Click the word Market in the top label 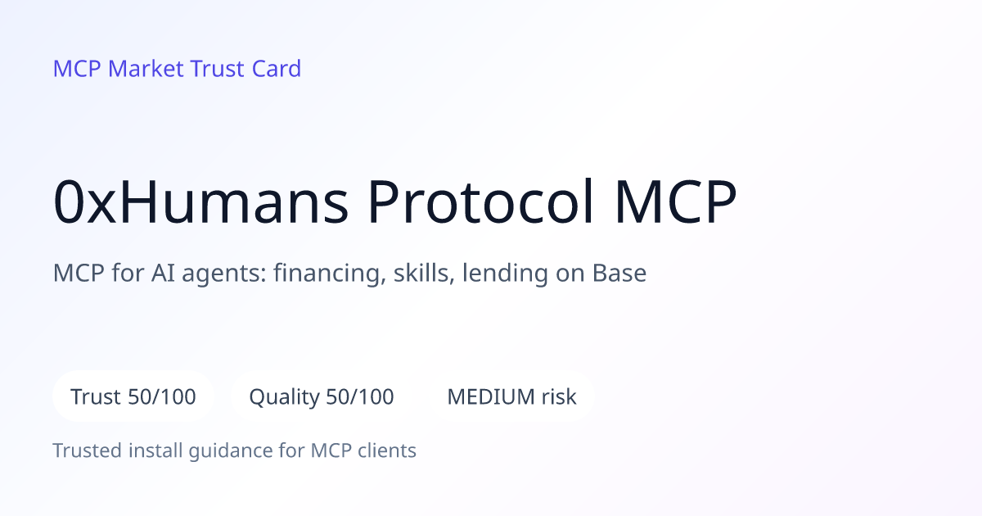pyautogui.click(x=146, y=69)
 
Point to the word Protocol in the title pyautogui.click(x=481, y=201)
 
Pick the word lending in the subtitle pyautogui.click(x=505, y=274)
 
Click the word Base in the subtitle pyautogui.click(x=619, y=273)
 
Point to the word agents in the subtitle pyautogui.click(x=224, y=274)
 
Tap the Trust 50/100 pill pyautogui.click(x=133, y=396)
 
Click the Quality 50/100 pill pyautogui.click(x=322, y=396)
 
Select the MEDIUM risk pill pyautogui.click(x=511, y=396)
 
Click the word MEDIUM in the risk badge pyautogui.click(x=491, y=396)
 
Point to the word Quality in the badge pyautogui.click(x=284, y=397)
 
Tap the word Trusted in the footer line pyautogui.click(x=88, y=450)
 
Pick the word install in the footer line pyautogui.click(x=155, y=450)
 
